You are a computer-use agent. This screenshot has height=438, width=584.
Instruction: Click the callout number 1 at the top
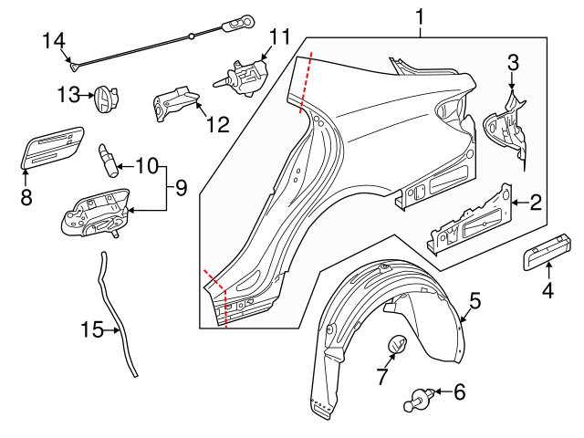420,16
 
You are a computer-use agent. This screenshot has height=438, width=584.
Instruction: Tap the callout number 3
513,62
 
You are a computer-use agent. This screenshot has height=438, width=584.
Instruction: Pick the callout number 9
181,189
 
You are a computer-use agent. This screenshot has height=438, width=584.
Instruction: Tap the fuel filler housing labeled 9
96,213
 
